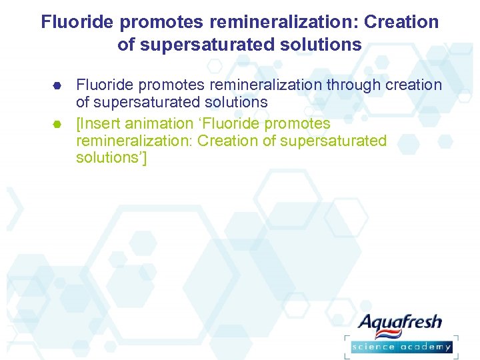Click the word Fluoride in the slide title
[78, 22]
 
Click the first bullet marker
[57, 85]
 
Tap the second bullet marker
[57, 124]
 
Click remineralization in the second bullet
[135, 141]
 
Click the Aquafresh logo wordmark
[400, 324]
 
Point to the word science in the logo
[373, 347]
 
